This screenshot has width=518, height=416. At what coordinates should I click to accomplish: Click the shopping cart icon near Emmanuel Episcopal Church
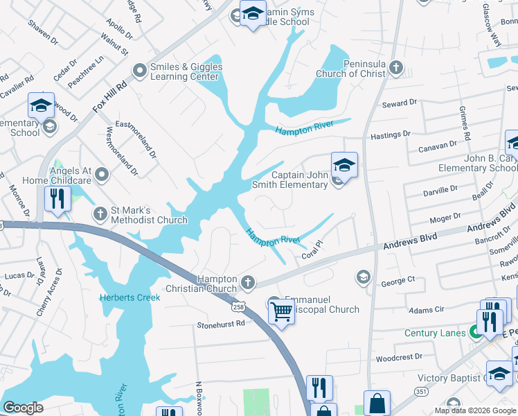click(x=280, y=311)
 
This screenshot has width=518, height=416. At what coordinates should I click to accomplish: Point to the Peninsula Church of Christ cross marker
click(x=395, y=67)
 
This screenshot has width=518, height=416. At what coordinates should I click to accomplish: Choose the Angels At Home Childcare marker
click(x=102, y=174)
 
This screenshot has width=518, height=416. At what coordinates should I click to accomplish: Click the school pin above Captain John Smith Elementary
click(x=344, y=165)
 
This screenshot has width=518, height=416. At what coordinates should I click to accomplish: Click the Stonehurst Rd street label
click(x=221, y=324)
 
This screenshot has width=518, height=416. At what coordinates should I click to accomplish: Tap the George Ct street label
click(x=398, y=280)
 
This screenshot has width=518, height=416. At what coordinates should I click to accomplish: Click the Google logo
click(x=24, y=408)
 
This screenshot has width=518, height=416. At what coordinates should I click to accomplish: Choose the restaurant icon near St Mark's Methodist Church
click(x=56, y=199)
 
